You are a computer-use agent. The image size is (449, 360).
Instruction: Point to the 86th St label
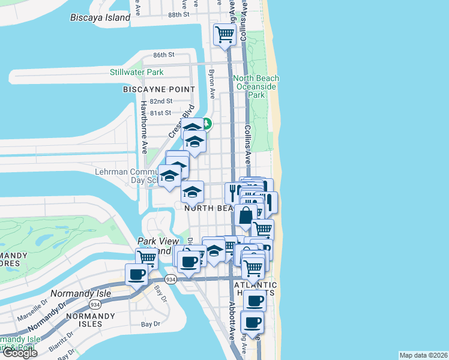[163, 55]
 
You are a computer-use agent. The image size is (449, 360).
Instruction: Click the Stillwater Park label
[136, 72]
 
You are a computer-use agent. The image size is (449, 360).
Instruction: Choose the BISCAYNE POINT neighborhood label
[159, 89]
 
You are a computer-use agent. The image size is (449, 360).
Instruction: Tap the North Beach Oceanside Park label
[256, 86]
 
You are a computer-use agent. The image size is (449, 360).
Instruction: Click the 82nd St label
[161, 101]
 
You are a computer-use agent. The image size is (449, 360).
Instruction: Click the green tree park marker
[206, 124]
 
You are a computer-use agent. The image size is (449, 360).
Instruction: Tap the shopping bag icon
[245, 216]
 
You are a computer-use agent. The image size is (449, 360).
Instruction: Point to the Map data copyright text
[424, 355]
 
